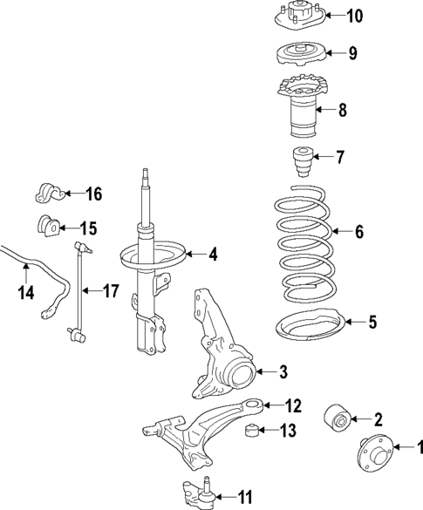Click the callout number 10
tap(355, 16)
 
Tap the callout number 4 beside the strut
tap(214, 255)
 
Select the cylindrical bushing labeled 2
tap(338, 420)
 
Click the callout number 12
tap(293, 405)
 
